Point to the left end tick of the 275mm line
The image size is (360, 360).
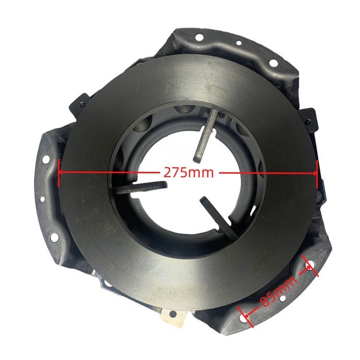[60, 172]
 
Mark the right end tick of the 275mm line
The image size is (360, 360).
[317, 174]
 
